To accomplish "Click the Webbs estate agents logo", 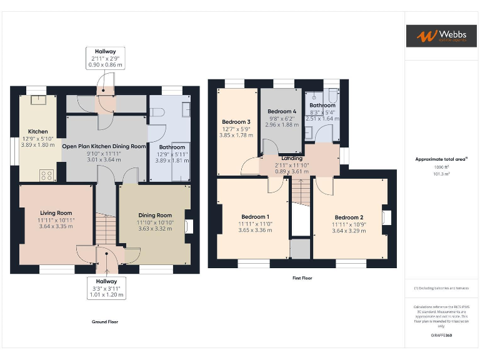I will click(441, 36).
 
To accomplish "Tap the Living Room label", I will click(56, 213).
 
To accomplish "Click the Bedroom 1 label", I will click(254, 217).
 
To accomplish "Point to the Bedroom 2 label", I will click(349, 217).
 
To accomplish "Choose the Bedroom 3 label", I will click(236, 122).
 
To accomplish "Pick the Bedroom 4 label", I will click(282, 111).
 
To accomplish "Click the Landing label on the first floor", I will click(292, 159).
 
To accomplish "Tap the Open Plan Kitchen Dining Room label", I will click(104, 146).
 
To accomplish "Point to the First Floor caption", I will click(302, 277).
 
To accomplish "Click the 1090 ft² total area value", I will click(441, 167).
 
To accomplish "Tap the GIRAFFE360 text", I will click(441, 336).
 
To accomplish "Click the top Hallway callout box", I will click(105, 57).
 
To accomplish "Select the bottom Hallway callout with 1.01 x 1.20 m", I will click(106, 288).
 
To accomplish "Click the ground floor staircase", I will click(107, 228).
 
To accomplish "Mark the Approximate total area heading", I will click(441, 159).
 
